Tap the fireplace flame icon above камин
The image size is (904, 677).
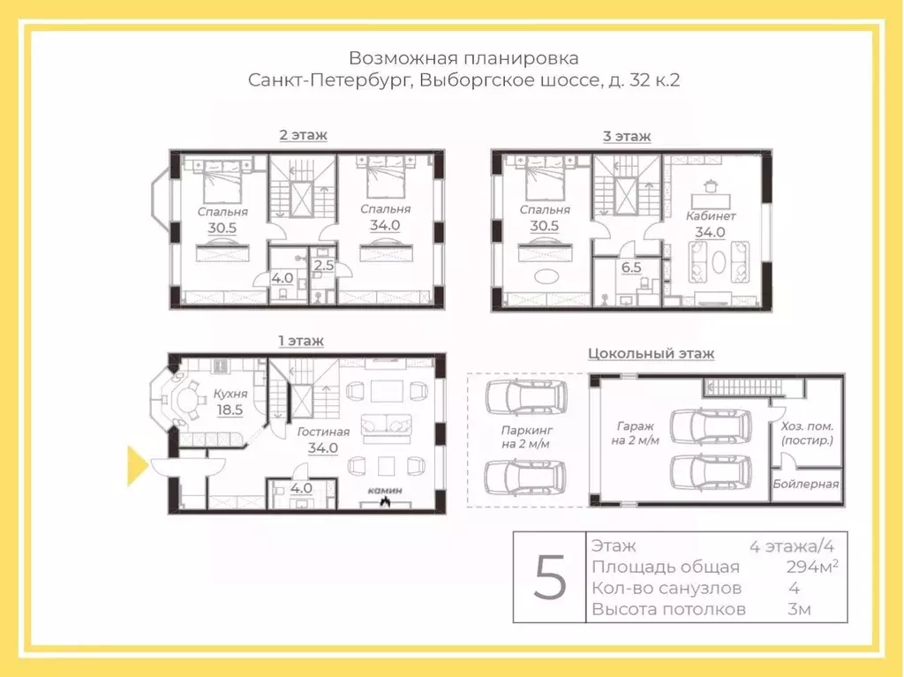click(x=385, y=502)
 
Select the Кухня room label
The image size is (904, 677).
click(x=229, y=394)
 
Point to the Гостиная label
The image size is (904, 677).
click(x=323, y=432)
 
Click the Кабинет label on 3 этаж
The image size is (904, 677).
click(x=711, y=215)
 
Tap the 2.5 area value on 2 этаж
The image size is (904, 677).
click(x=324, y=264)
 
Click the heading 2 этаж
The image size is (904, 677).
click(x=303, y=135)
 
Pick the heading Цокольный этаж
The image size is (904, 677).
click(x=651, y=353)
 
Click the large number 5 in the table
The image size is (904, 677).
click(x=551, y=578)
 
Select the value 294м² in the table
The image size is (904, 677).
click(x=811, y=567)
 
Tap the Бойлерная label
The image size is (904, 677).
click(x=805, y=484)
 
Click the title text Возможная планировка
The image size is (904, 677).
click(x=463, y=58)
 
